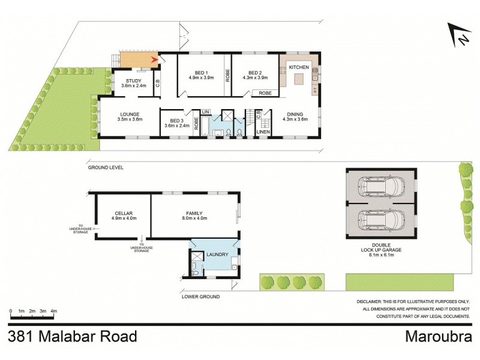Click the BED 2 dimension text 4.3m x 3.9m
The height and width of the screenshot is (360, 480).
pos(254,77)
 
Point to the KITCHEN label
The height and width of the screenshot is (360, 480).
pos(299,67)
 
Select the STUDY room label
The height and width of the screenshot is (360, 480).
pos(134,81)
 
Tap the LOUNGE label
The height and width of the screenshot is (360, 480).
pos(130,114)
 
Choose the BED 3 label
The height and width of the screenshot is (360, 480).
pos(176,120)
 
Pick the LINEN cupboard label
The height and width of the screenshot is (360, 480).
pos(263,131)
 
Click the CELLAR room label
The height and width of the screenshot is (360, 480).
pos(123,213)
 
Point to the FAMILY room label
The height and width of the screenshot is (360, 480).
pos(194,213)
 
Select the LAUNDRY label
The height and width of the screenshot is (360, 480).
pos(217,254)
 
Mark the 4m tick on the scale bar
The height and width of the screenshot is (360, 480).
pos(54,311)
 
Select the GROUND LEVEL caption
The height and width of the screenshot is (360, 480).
pos(106,168)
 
